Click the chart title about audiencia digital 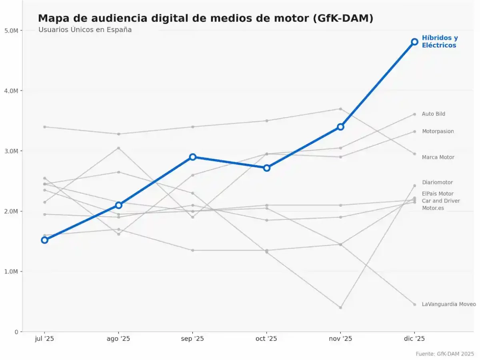click(x=205, y=18)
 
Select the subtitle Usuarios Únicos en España click(x=85, y=30)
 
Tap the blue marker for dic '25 click(x=414, y=42)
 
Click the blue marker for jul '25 click(x=44, y=240)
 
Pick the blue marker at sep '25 click(x=193, y=157)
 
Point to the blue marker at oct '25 click(x=267, y=168)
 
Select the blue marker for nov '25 click(x=340, y=127)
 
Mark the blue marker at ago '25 click(x=119, y=205)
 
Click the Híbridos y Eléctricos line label click(x=440, y=42)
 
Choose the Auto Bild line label click(x=433, y=114)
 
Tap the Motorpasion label click(x=438, y=132)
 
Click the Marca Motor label click(x=438, y=157)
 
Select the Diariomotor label click(x=437, y=182)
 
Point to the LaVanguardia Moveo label click(x=448, y=304)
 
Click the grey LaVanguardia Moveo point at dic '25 click(x=414, y=304)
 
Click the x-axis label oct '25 click(x=266, y=339)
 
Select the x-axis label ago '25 click(x=118, y=339)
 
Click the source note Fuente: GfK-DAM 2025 click(x=444, y=354)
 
